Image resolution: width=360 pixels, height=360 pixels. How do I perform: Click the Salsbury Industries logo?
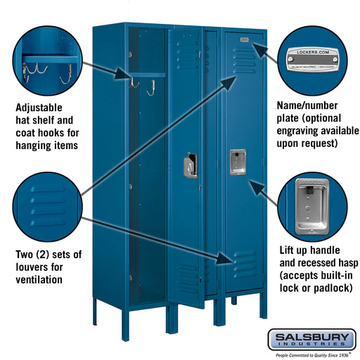310,340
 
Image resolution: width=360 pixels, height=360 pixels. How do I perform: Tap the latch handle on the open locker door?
191,167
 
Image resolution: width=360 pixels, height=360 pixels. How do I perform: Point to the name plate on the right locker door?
244,40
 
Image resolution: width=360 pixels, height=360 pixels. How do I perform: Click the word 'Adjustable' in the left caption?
39,108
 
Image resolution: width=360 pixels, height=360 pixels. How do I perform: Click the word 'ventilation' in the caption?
39,279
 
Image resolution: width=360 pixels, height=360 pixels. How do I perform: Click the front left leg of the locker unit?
96,310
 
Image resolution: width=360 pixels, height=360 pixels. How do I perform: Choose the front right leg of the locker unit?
262,305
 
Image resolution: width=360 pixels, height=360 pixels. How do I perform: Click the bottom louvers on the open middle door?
188,278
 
